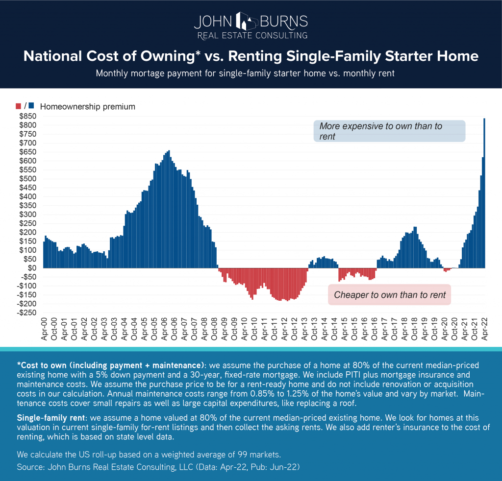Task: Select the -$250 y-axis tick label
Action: click(x=28, y=313)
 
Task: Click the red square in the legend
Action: click(x=19, y=106)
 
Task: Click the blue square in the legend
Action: click(x=31, y=106)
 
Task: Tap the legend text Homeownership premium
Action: click(x=87, y=106)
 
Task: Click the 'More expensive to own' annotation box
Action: click(x=389, y=131)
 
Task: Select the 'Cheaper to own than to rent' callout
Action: click(x=389, y=295)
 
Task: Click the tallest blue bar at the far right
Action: click(x=484, y=196)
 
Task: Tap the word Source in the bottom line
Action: click(x=29, y=467)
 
